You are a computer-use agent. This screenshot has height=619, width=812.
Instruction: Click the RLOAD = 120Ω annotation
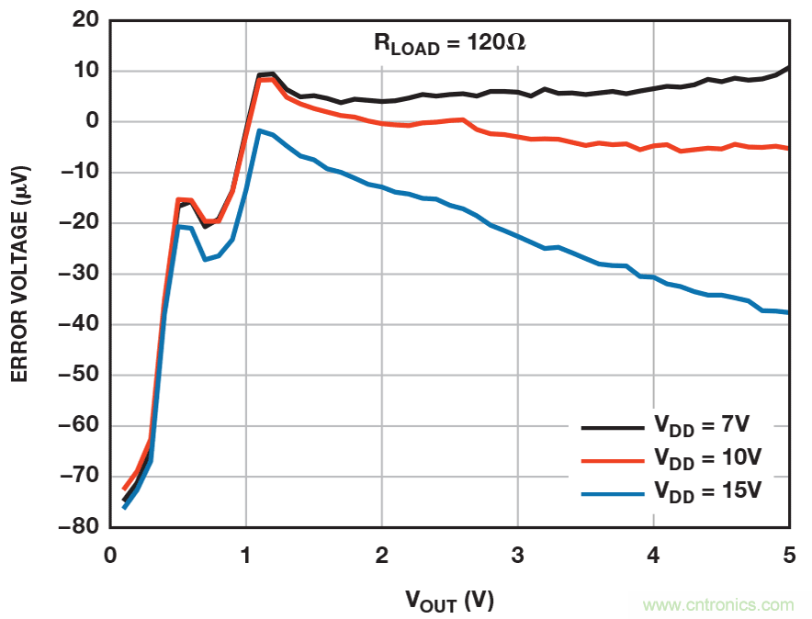tap(448, 43)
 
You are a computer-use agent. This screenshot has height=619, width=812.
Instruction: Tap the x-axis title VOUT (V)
tap(449, 602)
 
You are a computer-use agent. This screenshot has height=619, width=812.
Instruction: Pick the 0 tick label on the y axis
tap(90, 122)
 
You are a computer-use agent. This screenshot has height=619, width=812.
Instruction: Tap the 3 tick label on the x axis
tap(518, 556)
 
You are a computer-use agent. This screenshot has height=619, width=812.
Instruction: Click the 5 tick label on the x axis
tap(788, 556)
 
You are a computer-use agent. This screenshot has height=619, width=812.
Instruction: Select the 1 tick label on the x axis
tap(246, 556)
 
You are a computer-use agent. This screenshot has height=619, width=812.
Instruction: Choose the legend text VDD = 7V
tap(702, 426)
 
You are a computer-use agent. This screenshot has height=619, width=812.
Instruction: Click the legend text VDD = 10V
tap(707, 458)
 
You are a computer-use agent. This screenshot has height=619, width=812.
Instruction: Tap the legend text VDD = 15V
tap(707, 490)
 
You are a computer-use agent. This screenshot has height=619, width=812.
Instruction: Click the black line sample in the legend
tap(612, 427)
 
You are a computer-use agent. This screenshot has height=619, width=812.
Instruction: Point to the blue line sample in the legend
tap(612, 493)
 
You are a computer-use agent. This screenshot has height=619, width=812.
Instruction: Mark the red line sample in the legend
tap(612, 460)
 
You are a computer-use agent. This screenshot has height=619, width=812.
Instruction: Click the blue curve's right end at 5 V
tap(787, 312)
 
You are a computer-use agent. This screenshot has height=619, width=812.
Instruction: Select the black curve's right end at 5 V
tap(787, 68)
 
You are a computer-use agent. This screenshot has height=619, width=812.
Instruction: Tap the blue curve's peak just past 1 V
tap(260, 130)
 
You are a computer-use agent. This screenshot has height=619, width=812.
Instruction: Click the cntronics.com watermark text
tap(718, 605)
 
